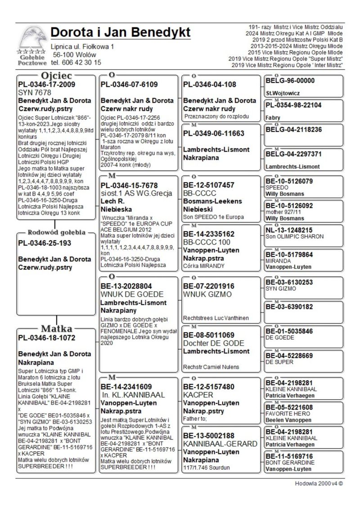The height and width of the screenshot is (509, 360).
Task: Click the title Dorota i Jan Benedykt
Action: tap(120, 32)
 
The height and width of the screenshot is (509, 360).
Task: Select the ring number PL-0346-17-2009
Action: tap(46, 84)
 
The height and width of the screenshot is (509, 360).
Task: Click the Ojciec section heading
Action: tap(56, 75)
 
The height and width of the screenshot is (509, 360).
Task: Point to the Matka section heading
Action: tap(57, 328)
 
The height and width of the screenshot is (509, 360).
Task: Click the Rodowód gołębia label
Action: tap(56, 233)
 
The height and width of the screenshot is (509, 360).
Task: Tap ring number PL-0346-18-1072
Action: tap(46, 338)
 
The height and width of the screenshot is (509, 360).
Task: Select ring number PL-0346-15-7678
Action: tap(129, 185)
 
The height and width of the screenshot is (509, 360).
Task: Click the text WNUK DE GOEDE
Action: tap(130, 294)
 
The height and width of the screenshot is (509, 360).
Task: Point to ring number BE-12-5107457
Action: tap(209, 185)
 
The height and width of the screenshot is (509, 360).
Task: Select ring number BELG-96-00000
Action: tap(290, 81)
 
